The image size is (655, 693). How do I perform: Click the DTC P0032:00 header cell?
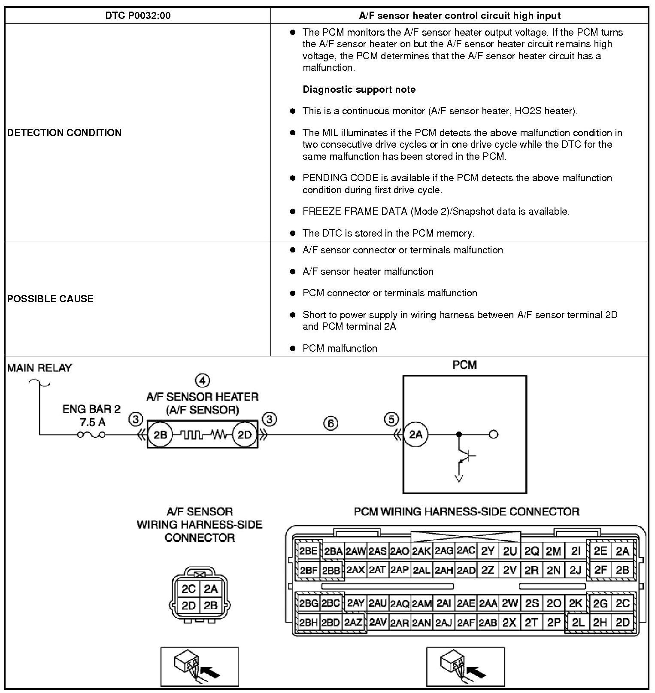(138, 16)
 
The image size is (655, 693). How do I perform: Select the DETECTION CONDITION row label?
(64, 132)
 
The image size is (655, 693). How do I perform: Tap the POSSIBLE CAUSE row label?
(50, 299)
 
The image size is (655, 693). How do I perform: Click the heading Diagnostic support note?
(359, 89)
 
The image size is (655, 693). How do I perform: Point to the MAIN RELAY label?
(39, 368)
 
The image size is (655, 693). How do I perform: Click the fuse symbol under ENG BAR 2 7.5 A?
(91, 435)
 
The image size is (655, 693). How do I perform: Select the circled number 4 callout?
(202, 380)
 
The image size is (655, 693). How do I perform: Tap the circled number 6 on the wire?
(331, 423)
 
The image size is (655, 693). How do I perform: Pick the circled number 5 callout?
(391, 419)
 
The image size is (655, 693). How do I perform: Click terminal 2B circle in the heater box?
(160, 435)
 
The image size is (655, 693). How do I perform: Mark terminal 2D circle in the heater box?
(245, 435)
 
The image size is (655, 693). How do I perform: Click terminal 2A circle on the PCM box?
(415, 435)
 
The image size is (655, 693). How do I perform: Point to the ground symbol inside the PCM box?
(459, 477)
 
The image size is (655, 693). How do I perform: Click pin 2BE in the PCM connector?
(308, 551)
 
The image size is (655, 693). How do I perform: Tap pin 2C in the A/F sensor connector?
(188, 589)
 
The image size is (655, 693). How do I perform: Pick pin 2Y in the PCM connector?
(488, 551)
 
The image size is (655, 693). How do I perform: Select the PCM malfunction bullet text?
(340, 348)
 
